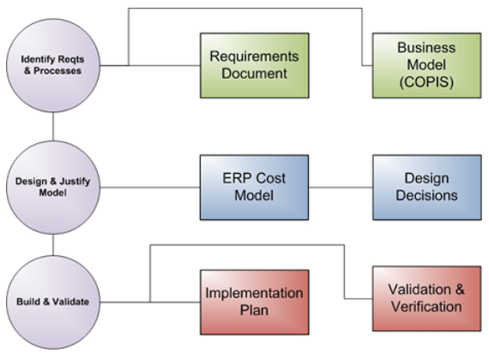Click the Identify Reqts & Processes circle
coord(53,65)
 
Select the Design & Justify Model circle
coord(53,188)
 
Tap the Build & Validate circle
coord(53,302)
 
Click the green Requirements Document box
coord(255,65)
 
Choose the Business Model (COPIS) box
coord(426,65)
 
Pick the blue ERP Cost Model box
coord(255,188)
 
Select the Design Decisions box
coord(427,188)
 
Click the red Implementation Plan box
coord(255,303)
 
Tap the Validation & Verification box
coord(426,298)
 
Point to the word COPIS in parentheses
coord(426,82)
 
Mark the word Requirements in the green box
coord(254,57)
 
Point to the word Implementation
coord(254,293)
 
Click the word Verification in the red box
coord(426,307)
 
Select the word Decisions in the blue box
coord(426,195)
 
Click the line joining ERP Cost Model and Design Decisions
coord(341,188)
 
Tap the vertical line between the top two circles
coord(53,126)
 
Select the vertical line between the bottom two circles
coord(53,245)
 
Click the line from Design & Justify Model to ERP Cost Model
coord(150,188)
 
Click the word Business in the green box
coord(426,48)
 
